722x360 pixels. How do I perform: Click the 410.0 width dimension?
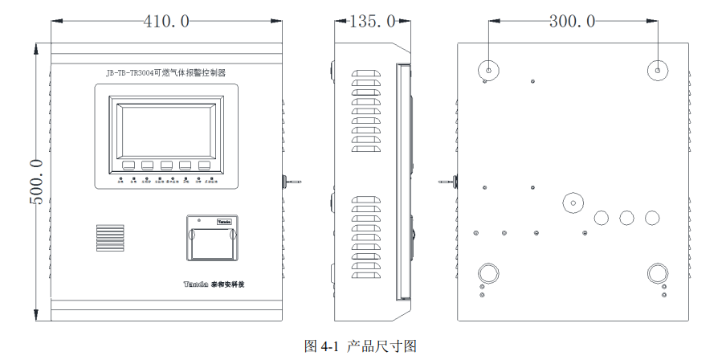pos(166,22)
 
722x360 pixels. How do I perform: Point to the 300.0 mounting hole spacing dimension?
pos(572,22)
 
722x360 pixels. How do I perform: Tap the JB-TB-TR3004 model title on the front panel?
pos(165,72)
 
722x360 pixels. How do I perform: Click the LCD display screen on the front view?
pos(166,129)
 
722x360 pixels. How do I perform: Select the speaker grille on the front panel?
pos(112,239)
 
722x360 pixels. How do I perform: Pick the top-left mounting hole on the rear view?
pos(487,69)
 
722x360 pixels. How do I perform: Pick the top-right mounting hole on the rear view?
pos(657,69)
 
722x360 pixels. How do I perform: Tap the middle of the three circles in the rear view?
pos(626,217)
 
